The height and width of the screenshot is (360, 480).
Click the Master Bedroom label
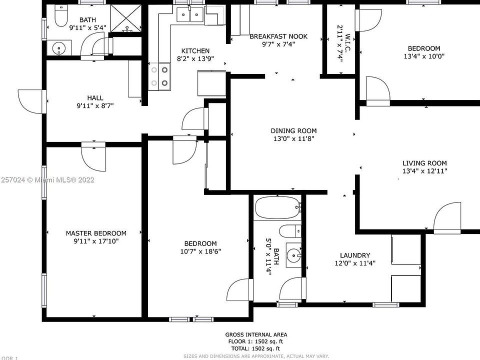(96, 233)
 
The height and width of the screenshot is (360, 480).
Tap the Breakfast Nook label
(278, 36)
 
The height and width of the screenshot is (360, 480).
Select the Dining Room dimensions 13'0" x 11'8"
(293, 139)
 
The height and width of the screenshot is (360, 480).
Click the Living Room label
(424, 163)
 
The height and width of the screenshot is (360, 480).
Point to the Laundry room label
(354, 255)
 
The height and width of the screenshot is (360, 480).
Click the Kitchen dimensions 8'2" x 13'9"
(195, 59)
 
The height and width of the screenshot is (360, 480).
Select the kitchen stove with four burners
(159, 77)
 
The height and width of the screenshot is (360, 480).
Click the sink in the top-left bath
(60, 49)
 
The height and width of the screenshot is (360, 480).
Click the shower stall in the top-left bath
(125, 18)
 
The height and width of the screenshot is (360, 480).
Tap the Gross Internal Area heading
(256, 334)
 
